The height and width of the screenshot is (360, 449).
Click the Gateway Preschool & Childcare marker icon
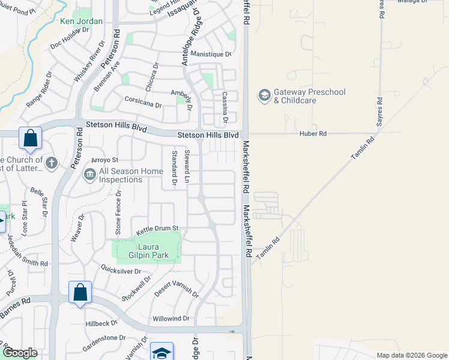pos(264,95)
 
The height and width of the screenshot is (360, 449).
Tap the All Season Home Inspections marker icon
pos(90,175)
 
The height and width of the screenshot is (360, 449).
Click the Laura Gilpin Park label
pos(143,250)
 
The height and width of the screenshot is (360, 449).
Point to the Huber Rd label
pos(313,134)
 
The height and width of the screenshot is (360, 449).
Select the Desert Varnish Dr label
pos(176,288)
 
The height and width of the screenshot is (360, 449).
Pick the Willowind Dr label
pos(171,319)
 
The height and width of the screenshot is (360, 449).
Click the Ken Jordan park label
pos(82,22)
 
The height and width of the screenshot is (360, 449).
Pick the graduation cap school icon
pos(161,353)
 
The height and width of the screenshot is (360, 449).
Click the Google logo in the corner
pos(20,353)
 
